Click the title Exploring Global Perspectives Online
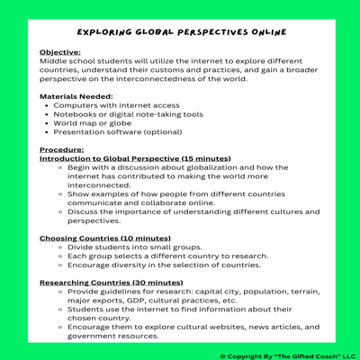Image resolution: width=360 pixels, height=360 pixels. [x=180, y=31]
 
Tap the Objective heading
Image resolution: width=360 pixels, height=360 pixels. [x=59, y=53]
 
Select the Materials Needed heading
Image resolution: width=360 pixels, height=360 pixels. [x=76, y=95]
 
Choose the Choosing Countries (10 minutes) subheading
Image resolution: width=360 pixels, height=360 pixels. [x=105, y=238]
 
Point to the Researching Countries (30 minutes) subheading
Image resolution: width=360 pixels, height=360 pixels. [x=112, y=283]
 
